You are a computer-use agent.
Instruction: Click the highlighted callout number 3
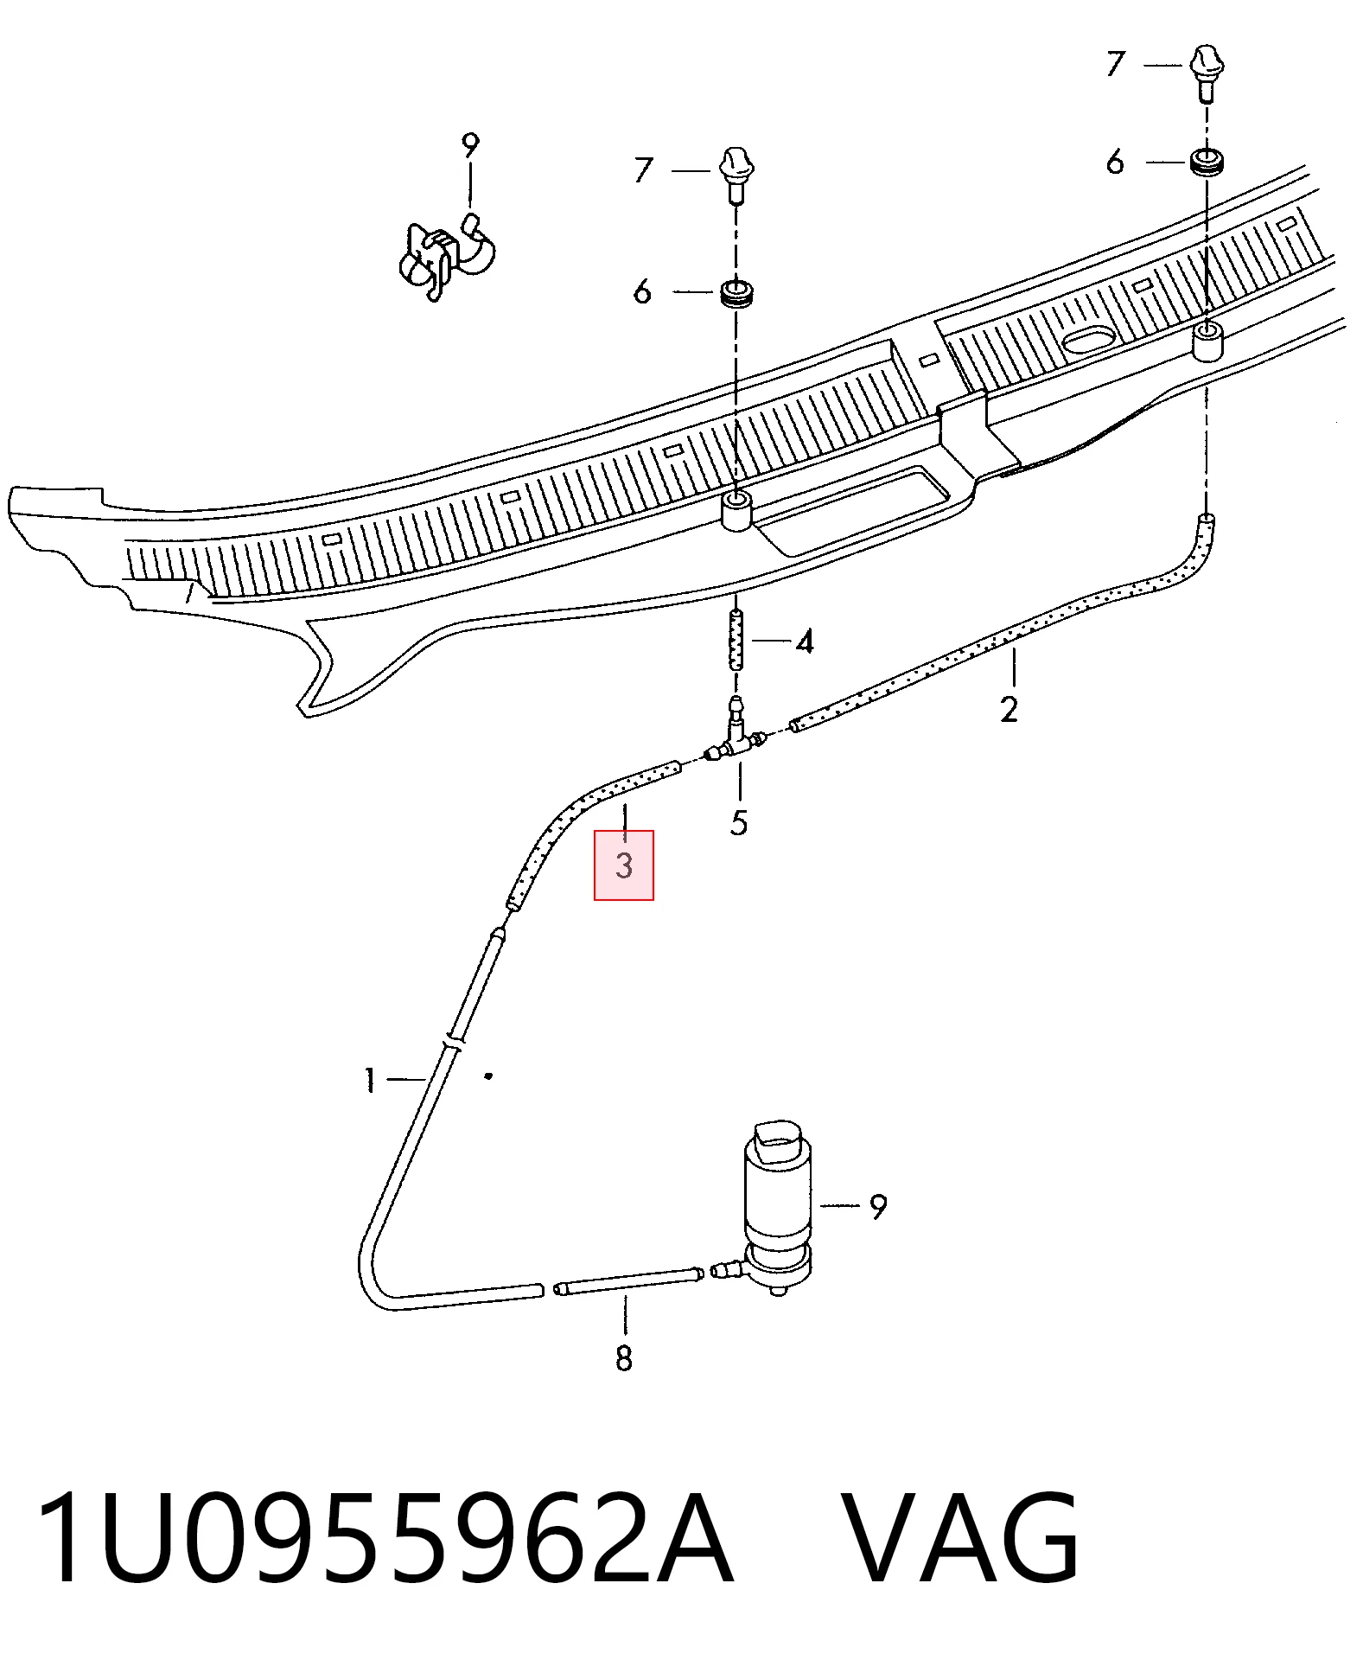coord(624,865)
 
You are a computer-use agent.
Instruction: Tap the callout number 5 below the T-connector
coord(738,823)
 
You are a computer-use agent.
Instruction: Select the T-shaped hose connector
coord(735,732)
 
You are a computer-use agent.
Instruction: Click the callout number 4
coord(804,642)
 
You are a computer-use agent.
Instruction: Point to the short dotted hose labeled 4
coord(736,639)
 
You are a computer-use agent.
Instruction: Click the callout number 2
coord(1009,709)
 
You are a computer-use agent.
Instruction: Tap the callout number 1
coord(370,1080)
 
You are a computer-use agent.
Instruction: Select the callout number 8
coord(624,1359)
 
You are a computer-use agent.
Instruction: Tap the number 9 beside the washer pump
coord(877,1207)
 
